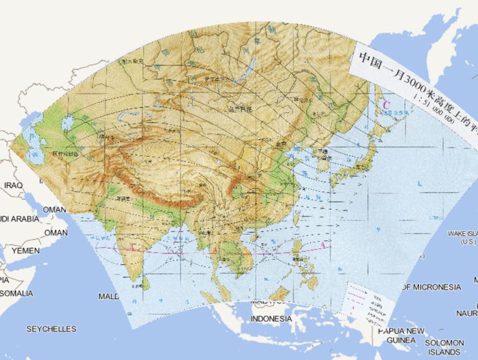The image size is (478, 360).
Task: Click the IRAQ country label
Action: [x=13, y=185]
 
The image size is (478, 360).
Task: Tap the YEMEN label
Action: [x=25, y=251]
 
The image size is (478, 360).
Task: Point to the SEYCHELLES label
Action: [x=51, y=329]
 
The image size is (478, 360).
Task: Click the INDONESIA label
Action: [x=270, y=319]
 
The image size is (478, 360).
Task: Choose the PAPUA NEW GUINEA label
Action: [x=401, y=335]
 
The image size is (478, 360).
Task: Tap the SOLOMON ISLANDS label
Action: [x=444, y=347]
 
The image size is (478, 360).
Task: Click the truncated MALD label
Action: [x=108, y=297]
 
